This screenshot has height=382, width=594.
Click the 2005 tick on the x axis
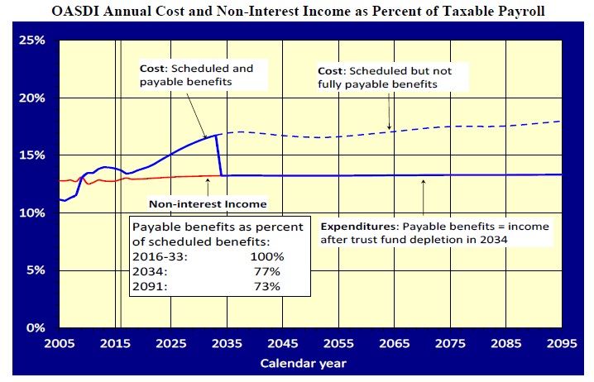tap(59, 342)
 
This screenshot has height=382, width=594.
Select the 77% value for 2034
tap(267, 272)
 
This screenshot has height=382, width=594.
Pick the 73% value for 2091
tap(267, 287)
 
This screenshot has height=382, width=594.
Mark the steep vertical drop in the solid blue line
tap(219, 155)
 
